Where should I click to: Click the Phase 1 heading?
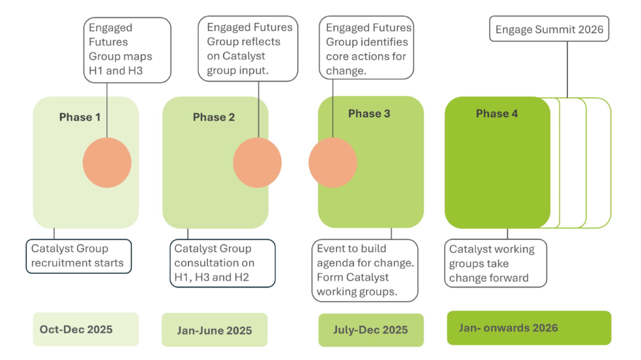pyautogui.click(x=80, y=117)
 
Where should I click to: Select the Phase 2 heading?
pyautogui.click(x=213, y=117)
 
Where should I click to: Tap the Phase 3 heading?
pyautogui.click(x=369, y=113)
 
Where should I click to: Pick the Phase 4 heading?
pyautogui.click(x=497, y=113)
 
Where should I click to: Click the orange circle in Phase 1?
pyautogui.click(x=107, y=162)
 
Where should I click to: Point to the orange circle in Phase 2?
pyautogui.click(x=257, y=162)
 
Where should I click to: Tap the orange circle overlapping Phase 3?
pyautogui.click(x=333, y=162)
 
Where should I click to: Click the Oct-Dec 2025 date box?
pyautogui.click(x=85, y=329)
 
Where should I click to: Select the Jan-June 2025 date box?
pyautogui.click(x=214, y=330)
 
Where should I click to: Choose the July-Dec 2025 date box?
pyautogui.click(x=370, y=330)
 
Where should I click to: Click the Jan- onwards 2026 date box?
pyautogui.click(x=528, y=327)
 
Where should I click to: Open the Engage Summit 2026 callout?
pyautogui.click(x=549, y=30)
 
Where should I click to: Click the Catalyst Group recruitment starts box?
pyautogui.click(x=79, y=256)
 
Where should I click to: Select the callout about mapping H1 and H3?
pyautogui.click(x=127, y=50)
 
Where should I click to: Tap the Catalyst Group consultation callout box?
pyautogui.click(x=222, y=263)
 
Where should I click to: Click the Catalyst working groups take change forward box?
pyautogui.click(x=496, y=263)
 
